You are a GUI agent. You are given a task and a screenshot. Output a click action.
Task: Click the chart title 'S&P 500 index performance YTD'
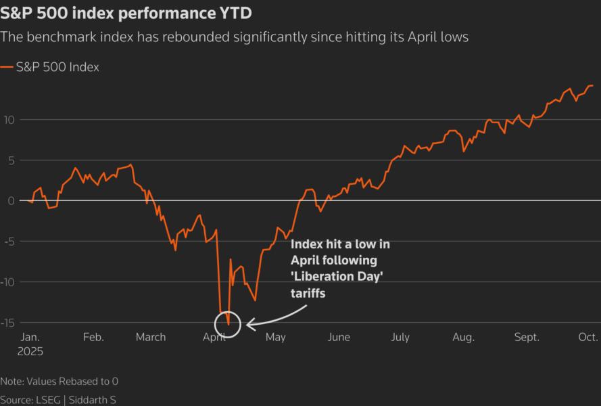point(121,14)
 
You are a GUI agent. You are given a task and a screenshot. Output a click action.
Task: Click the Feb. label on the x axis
point(93,337)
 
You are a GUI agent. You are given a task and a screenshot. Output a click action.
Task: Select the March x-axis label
point(151,337)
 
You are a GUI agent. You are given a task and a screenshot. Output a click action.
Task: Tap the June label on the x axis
point(339,337)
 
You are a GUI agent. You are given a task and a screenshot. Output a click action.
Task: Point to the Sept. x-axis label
point(527,337)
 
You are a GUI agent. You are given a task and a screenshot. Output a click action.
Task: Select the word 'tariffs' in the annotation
point(308,294)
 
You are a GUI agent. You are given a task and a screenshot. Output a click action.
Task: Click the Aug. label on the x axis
point(463,337)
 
